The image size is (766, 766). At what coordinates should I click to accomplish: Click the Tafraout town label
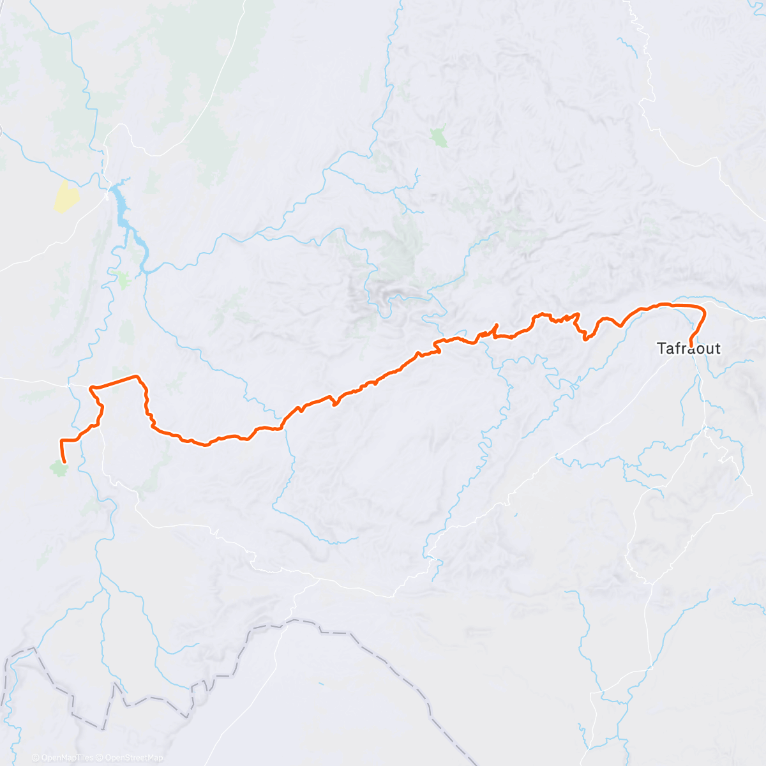click(x=689, y=349)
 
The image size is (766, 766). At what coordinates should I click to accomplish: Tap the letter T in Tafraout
click(x=661, y=349)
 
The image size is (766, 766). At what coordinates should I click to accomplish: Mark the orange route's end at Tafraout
click(x=691, y=345)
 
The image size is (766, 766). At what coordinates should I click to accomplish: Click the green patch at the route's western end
click(x=59, y=469)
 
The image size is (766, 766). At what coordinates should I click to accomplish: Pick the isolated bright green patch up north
click(x=439, y=137)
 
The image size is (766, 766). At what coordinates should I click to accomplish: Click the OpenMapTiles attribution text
click(x=67, y=758)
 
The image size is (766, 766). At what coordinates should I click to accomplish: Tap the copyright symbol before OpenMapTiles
click(x=36, y=758)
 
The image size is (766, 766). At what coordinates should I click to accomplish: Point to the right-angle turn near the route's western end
click(x=61, y=441)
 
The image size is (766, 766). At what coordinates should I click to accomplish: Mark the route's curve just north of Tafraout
click(x=703, y=313)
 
